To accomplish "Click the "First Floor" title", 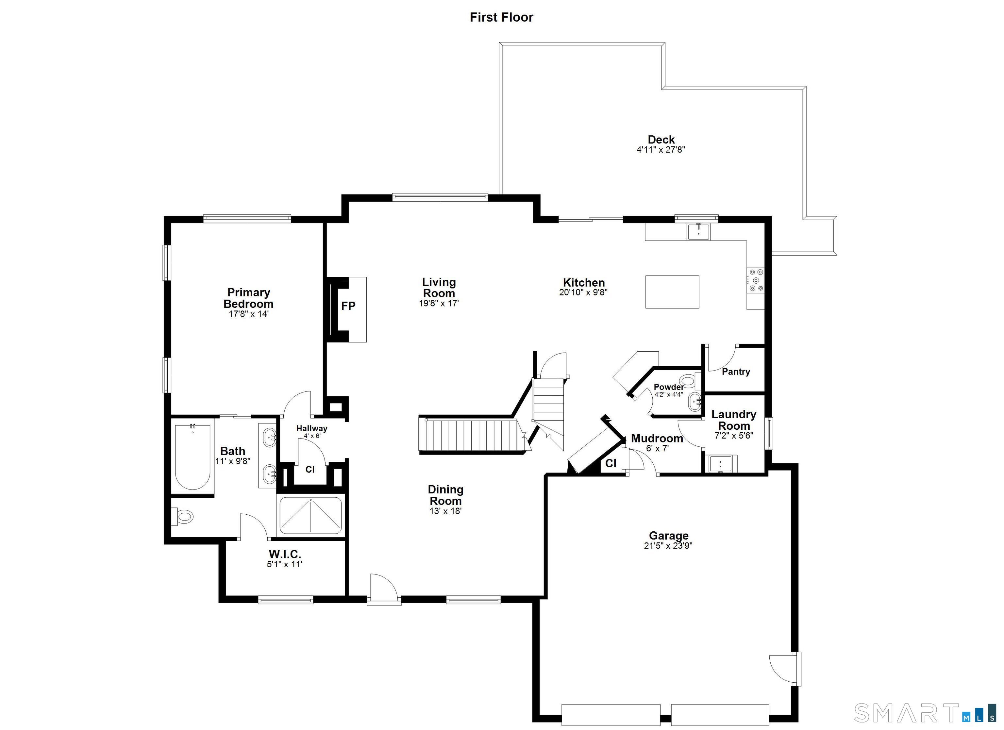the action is pyautogui.click(x=502, y=17).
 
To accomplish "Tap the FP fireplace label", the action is pyautogui.click(x=348, y=306).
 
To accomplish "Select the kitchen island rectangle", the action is pyautogui.click(x=672, y=292).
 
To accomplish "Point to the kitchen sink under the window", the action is pyautogui.click(x=698, y=232).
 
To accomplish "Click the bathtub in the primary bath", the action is pyautogui.click(x=192, y=457).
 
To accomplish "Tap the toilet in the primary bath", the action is pyautogui.click(x=184, y=516).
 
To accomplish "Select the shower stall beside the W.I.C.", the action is pyautogui.click(x=311, y=516).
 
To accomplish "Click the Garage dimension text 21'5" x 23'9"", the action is pyautogui.click(x=668, y=546).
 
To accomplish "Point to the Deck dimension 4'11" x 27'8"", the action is pyautogui.click(x=661, y=150).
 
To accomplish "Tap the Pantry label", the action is pyautogui.click(x=736, y=372).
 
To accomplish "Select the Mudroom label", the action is pyautogui.click(x=657, y=438).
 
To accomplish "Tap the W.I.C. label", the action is pyautogui.click(x=285, y=554).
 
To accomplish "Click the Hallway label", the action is pyautogui.click(x=312, y=428).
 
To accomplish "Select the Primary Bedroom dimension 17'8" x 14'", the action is pyautogui.click(x=248, y=314).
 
